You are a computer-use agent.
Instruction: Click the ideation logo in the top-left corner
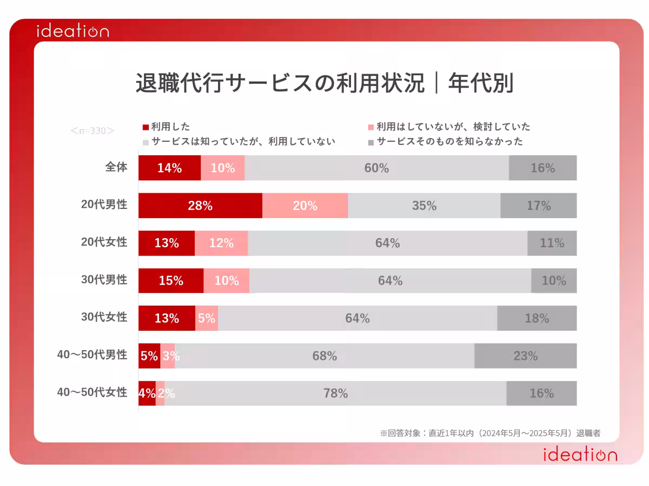click(72, 31)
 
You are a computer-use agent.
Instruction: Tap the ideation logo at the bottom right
click(580, 455)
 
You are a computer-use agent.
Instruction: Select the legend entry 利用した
click(167, 127)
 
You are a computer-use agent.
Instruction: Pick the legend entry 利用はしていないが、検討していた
click(449, 127)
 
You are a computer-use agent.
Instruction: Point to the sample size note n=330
click(92, 130)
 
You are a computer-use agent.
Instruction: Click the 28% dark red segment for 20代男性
click(200, 206)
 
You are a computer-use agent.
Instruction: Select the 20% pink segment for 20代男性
click(305, 206)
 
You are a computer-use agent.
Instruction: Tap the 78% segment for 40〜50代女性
click(335, 393)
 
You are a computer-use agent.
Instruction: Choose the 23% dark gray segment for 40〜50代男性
click(525, 356)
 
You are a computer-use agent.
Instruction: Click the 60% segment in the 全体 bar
click(376, 168)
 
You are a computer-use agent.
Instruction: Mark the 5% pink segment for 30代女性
click(207, 318)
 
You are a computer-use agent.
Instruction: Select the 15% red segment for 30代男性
click(171, 280)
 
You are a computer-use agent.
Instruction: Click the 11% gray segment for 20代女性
click(552, 243)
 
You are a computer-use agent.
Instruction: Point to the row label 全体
click(116, 167)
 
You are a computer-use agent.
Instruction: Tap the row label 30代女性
click(104, 317)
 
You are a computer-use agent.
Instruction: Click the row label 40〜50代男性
click(92, 355)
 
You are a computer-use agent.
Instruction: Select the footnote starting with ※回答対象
click(490, 433)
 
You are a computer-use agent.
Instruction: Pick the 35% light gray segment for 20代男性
click(424, 206)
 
